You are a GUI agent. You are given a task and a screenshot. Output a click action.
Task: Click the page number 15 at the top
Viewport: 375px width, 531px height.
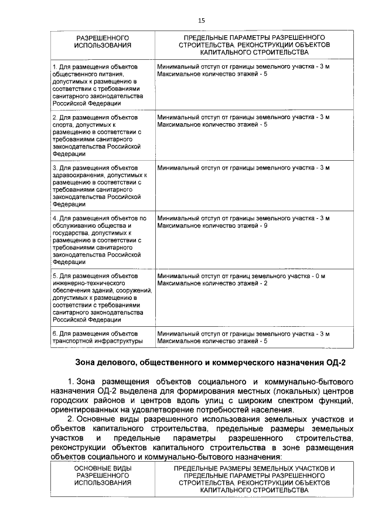201,21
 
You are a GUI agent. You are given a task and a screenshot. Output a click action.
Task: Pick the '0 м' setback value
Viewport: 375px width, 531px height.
320,276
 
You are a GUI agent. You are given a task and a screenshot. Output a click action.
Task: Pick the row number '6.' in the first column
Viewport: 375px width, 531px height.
56,333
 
